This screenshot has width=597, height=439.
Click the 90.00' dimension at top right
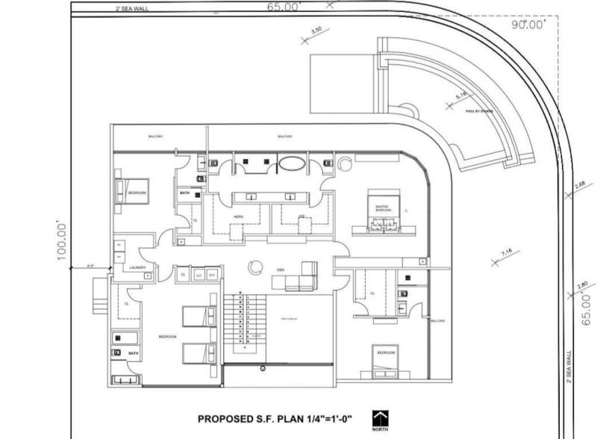[529, 25]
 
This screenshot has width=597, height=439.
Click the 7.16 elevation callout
[507, 254]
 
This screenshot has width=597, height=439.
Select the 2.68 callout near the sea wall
[579, 185]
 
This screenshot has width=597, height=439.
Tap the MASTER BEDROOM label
[383, 208]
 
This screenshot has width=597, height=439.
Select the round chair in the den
[256, 265]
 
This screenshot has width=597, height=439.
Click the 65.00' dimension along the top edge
[283, 7]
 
